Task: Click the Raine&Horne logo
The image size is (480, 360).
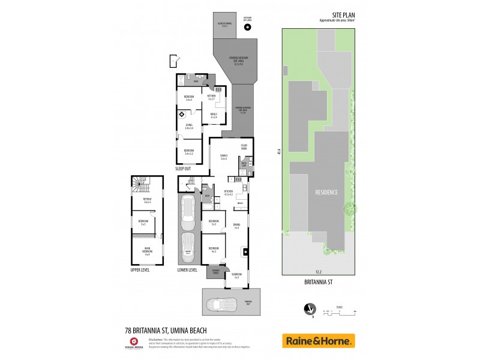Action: [318, 341]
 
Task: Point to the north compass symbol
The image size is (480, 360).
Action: [309, 308]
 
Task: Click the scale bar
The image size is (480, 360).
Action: [340, 313]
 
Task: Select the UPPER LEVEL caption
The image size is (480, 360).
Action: [139, 270]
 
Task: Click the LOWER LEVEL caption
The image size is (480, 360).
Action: [187, 270]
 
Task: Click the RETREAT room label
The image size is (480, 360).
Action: [147, 200]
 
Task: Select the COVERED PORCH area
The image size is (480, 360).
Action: [213, 274]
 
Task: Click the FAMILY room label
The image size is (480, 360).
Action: [223, 157]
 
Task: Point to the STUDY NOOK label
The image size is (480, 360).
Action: [244, 146]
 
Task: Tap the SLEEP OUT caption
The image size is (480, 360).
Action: [183, 169]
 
